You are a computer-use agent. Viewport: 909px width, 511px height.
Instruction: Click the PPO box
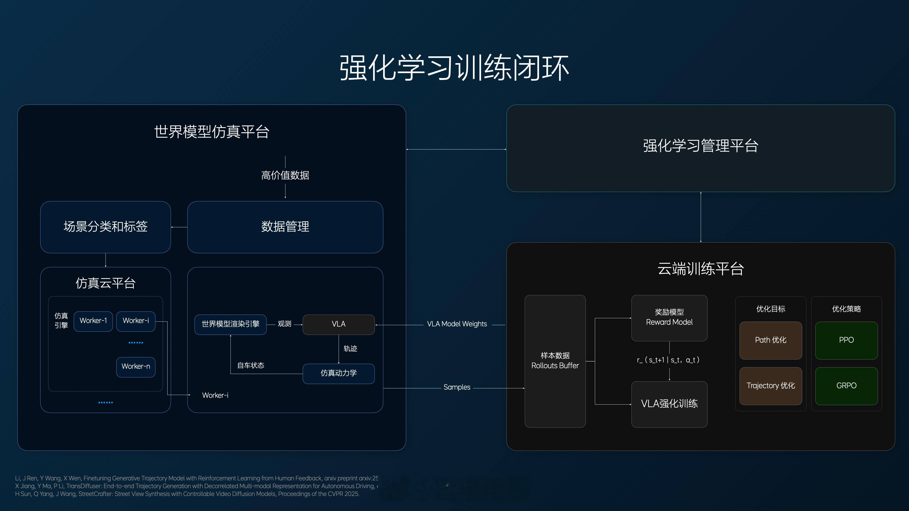846,340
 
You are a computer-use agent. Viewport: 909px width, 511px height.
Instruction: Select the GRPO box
846,385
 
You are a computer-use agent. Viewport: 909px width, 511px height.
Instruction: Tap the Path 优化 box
770,340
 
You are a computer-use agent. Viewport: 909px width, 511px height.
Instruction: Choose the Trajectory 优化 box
770,385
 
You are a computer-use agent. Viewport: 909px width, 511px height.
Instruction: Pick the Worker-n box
135,366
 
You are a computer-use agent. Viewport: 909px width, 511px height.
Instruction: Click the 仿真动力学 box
339,373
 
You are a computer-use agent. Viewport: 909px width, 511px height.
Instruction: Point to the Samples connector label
457,387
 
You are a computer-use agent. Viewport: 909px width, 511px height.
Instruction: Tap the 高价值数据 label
285,175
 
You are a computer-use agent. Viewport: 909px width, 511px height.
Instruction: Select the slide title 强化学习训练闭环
454,68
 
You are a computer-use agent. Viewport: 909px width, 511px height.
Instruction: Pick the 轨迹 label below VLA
350,349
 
